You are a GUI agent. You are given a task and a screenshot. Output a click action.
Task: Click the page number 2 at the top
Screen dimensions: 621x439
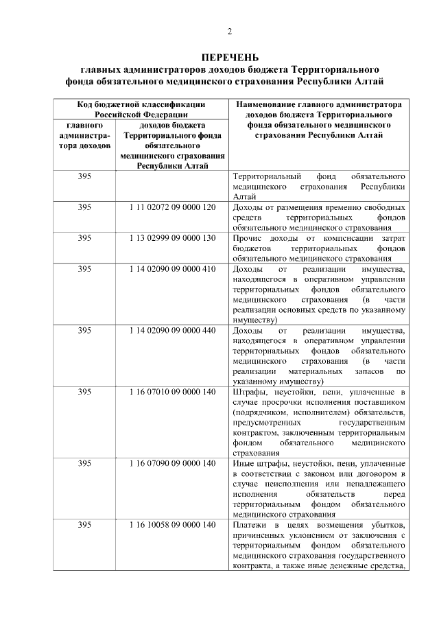click(x=230, y=31)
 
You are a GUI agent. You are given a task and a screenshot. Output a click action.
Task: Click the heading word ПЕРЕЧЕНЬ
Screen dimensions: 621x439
click(x=230, y=57)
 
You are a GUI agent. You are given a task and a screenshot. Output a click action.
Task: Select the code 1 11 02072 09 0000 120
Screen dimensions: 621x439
click(x=172, y=207)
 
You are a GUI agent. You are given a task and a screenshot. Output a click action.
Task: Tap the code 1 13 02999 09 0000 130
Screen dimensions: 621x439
click(x=172, y=237)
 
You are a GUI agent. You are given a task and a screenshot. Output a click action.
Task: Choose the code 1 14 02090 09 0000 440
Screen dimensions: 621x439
click(x=172, y=330)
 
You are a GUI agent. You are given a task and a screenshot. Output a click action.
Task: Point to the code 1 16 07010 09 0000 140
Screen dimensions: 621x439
click(x=172, y=392)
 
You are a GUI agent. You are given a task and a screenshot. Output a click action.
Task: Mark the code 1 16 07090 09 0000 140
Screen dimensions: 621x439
click(x=172, y=463)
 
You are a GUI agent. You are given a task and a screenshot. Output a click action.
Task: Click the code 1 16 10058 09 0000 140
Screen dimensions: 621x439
click(x=172, y=525)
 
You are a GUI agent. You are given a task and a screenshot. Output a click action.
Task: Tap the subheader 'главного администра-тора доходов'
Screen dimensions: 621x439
click(x=84, y=136)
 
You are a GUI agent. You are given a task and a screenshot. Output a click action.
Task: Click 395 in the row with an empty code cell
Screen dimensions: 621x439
click(x=84, y=176)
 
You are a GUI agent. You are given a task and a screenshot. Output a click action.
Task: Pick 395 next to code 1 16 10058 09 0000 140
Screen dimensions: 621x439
click(x=84, y=525)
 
